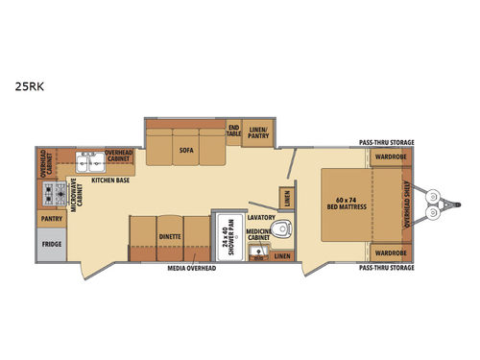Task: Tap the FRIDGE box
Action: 51,244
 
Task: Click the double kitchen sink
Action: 90,159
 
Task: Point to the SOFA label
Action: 185,150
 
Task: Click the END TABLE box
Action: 233,132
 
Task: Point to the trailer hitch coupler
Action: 448,204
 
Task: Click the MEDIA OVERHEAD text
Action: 193,268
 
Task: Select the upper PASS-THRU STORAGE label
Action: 386,139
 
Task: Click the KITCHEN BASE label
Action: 110,179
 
